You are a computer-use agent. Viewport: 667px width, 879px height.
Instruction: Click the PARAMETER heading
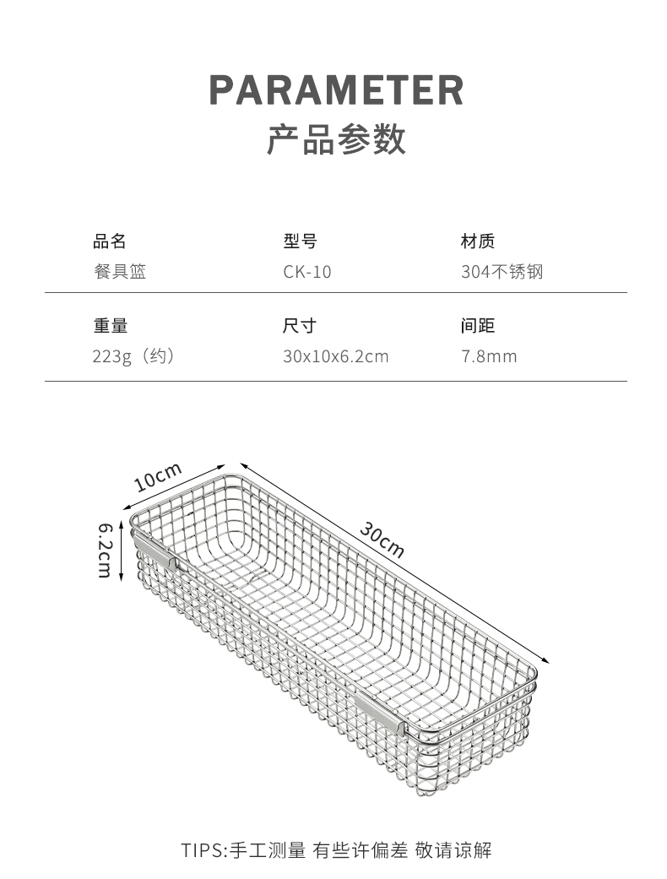pyautogui.click(x=336, y=90)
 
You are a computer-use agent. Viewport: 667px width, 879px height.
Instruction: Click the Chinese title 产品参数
pyautogui.click(x=336, y=139)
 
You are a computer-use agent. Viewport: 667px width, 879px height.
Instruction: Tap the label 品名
pyautogui.click(x=109, y=241)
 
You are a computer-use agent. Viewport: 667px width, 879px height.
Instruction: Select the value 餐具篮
pyautogui.click(x=119, y=272)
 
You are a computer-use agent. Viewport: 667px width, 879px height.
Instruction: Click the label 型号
pyautogui.click(x=300, y=241)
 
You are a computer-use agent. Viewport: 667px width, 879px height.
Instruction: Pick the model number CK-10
pyautogui.click(x=307, y=272)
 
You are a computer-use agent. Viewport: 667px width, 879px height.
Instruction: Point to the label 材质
pyautogui.click(x=477, y=241)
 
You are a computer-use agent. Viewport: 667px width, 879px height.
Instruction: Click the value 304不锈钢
pyautogui.click(x=502, y=272)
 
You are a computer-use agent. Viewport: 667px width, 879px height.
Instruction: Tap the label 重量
pyautogui.click(x=110, y=326)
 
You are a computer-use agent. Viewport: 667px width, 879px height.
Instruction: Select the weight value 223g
pyautogui.click(x=112, y=356)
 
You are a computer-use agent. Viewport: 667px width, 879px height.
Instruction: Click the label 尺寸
pyautogui.click(x=299, y=326)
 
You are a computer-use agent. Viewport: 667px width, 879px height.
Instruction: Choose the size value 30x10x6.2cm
pyautogui.click(x=335, y=356)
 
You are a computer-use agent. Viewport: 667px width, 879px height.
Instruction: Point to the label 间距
pyautogui.click(x=477, y=326)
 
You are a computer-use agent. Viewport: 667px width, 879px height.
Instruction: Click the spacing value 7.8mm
pyautogui.click(x=489, y=356)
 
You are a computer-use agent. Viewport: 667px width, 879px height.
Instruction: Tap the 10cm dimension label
pyautogui.click(x=158, y=477)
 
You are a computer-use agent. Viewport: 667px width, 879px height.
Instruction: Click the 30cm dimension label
pyautogui.click(x=382, y=540)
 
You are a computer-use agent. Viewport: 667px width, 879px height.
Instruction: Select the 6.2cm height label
pyautogui.click(x=106, y=550)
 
